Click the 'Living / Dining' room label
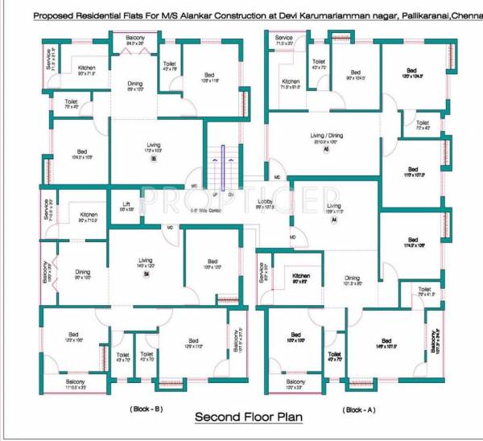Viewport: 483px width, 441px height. click(x=327, y=135)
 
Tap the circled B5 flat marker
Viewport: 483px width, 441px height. click(x=153, y=159)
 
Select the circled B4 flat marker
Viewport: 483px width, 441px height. click(x=147, y=274)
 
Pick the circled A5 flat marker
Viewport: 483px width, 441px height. click(x=326, y=150)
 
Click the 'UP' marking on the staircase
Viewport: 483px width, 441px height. click(x=216, y=194)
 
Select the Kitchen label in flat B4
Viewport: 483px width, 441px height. click(x=89, y=215)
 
